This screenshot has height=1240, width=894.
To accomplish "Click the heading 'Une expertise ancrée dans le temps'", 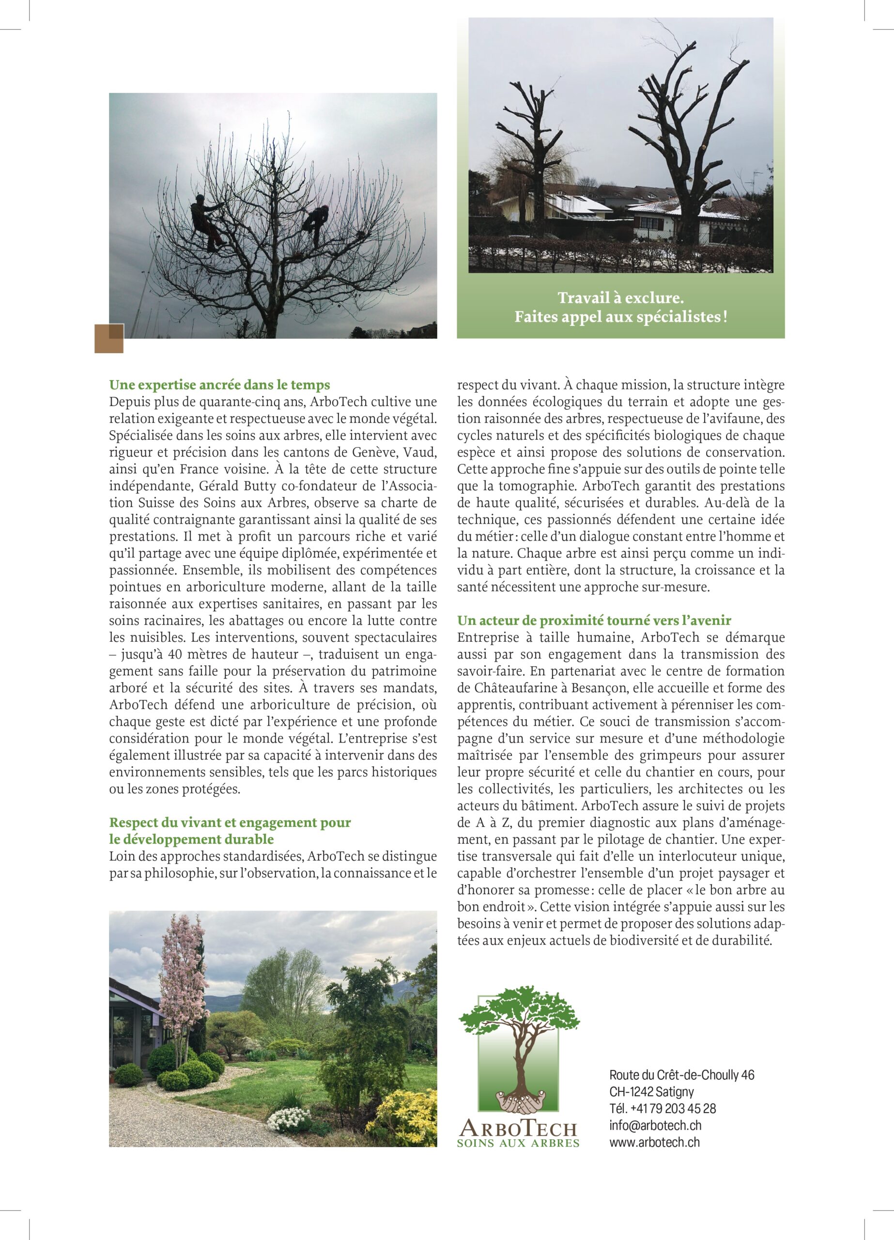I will [219, 385].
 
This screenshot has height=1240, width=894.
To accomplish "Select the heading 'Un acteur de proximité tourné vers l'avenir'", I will [594, 620].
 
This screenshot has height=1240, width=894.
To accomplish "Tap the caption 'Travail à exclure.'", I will [620, 298].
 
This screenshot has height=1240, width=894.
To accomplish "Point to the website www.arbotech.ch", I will [654, 1143].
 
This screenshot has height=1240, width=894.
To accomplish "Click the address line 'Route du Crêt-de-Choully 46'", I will [681, 1075].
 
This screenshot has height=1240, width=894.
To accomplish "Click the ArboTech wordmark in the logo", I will [517, 1127].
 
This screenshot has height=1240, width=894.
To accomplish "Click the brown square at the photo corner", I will [109, 338].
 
